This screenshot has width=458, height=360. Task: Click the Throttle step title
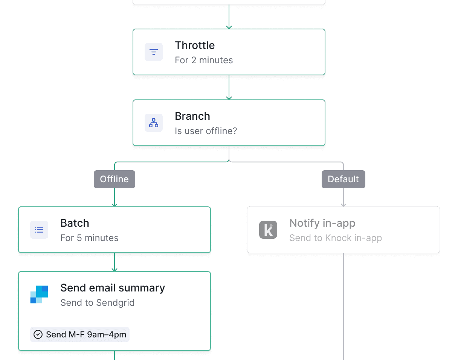(x=195, y=46)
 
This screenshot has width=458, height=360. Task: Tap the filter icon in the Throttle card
(x=154, y=52)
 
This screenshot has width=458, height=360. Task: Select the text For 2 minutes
(x=204, y=60)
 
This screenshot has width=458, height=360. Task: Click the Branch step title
(x=192, y=116)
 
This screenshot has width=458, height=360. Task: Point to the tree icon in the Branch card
(x=154, y=123)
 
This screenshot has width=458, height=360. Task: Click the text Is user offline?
(x=206, y=131)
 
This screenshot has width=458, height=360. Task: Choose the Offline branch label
(x=114, y=179)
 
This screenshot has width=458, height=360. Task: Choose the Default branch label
(x=343, y=179)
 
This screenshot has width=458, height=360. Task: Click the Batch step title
(x=75, y=223)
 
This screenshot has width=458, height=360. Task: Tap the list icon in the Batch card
(x=39, y=230)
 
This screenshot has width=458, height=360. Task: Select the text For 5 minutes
(x=89, y=238)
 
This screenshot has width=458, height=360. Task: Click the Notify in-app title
(x=322, y=223)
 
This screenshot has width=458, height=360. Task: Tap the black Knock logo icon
(x=268, y=230)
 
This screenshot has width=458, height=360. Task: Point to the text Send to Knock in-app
(x=335, y=238)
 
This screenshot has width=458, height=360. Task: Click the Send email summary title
(x=113, y=288)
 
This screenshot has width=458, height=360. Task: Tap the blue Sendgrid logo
(x=39, y=294)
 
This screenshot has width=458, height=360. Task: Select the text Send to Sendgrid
(x=97, y=303)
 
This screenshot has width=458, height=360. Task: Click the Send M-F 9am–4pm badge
(x=80, y=334)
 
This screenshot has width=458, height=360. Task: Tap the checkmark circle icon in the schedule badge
(x=38, y=334)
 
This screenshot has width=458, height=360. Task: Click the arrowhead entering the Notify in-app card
(x=343, y=204)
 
